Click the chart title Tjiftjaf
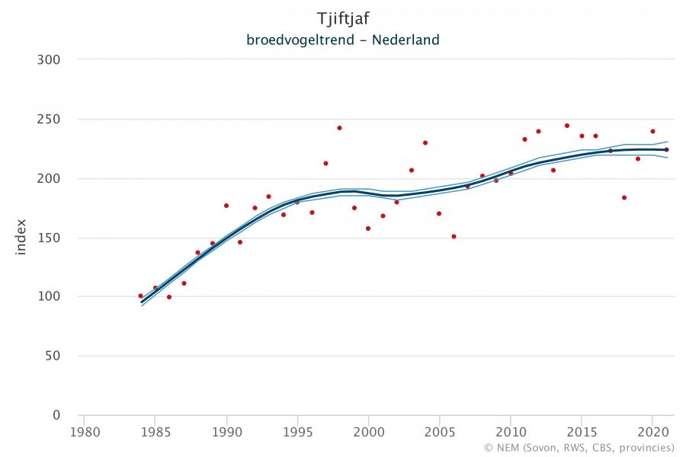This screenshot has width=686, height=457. click(342, 18)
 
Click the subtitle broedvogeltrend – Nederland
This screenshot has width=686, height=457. click(342, 40)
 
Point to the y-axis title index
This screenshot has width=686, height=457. click(21, 237)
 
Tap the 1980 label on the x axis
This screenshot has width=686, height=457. click(84, 431)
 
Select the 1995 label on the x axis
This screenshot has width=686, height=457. click(297, 431)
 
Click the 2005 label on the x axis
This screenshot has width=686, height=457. click(439, 431)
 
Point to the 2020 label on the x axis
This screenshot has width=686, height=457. click(652, 431)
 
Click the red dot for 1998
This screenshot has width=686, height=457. click(339, 128)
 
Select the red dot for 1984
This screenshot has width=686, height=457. click(140, 296)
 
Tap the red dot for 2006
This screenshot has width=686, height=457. click(454, 236)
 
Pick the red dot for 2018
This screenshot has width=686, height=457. click(624, 197)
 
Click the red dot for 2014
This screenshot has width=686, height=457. click(567, 126)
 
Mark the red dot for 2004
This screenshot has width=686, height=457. click(425, 142)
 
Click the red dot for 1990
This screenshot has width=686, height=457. click(226, 206)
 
